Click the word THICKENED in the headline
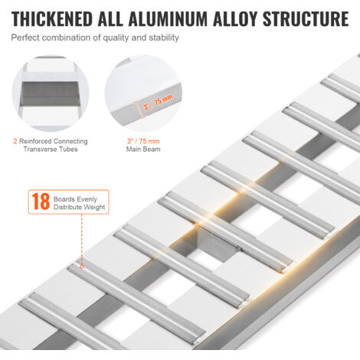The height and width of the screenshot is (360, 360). point(52,19)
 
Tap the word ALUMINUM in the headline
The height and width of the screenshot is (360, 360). point(168,19)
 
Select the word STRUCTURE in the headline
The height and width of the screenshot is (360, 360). point(306,19)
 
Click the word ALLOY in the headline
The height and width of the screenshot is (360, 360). point(235,19)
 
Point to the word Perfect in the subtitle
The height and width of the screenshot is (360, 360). point(25,38)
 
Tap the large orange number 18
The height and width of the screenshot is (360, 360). point(41,201)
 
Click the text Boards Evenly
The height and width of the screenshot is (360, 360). point(75,199)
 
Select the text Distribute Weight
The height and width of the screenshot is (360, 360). point(79,207)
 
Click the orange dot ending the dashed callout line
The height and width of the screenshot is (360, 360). point(82,267)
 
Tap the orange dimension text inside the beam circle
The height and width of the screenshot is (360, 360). point(158,102)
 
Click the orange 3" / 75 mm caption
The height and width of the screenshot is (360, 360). point(143,141)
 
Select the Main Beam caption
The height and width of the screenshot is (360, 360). point(143,149)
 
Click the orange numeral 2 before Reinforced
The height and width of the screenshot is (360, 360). point(15,141)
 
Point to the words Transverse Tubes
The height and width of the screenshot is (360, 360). point(51,149)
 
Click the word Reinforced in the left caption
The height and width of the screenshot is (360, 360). point(35,141)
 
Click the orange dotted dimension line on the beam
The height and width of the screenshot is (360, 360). point(139,109)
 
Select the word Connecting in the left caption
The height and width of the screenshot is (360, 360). point(70,141)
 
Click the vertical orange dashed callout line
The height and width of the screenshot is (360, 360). point(82,240)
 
